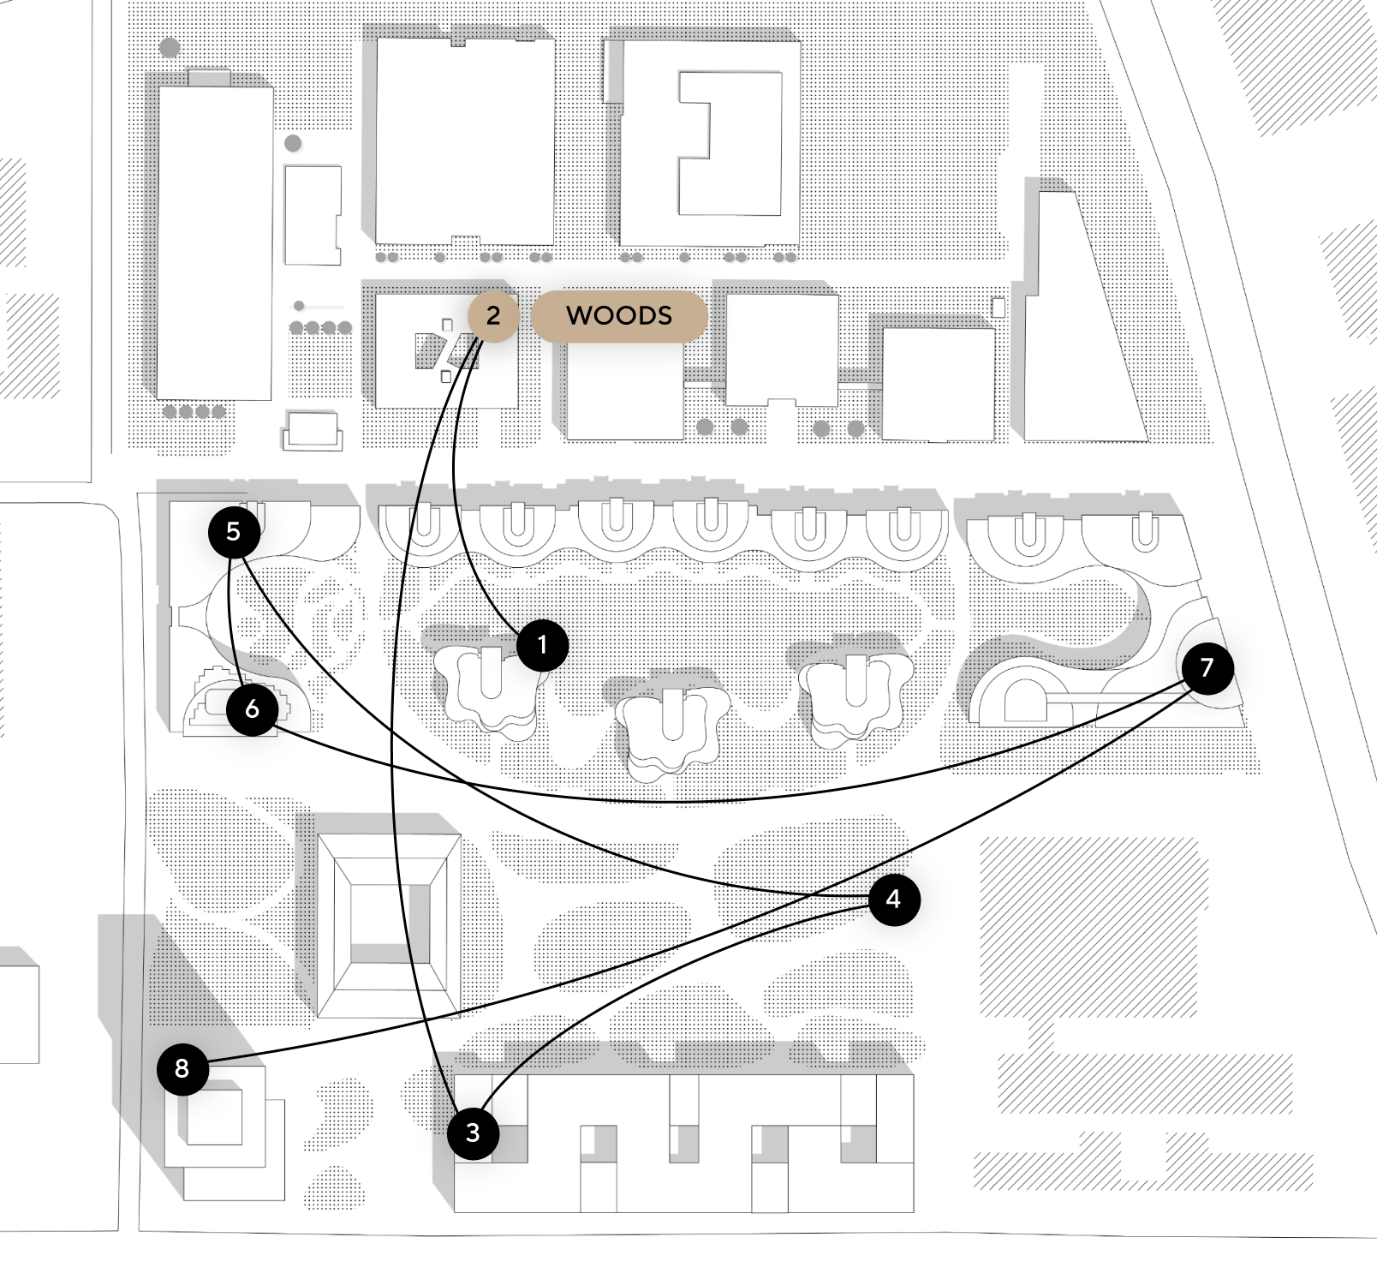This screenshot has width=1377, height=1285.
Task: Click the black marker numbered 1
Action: tap(542, 644)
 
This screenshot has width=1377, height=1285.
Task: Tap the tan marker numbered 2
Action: tap(493, 315)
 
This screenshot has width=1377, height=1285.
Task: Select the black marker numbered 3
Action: tap(473, 1133)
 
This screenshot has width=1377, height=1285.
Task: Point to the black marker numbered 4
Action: tap(894, 899)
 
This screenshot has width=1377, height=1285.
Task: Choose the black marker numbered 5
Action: tap(234, 531)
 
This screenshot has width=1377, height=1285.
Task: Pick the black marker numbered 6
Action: tap(252, 708)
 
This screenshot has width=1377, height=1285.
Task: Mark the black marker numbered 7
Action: tap(1207, 667)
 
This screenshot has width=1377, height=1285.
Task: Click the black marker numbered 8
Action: tap(182, 1068)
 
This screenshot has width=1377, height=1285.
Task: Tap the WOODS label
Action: tap(619, 315)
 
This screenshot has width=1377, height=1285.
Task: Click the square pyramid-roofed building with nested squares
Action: tap(390, 925)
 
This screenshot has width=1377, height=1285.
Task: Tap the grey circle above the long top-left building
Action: tap(170, 47)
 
